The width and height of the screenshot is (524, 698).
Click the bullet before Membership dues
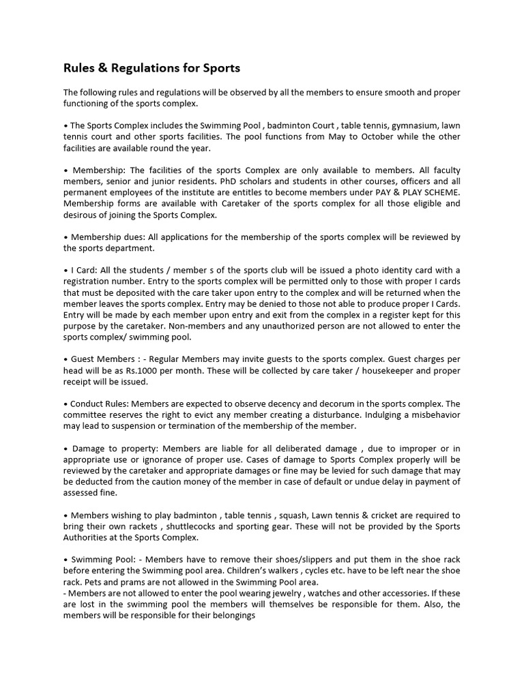[65, 237]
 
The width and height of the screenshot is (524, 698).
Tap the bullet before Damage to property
[65, 449]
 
